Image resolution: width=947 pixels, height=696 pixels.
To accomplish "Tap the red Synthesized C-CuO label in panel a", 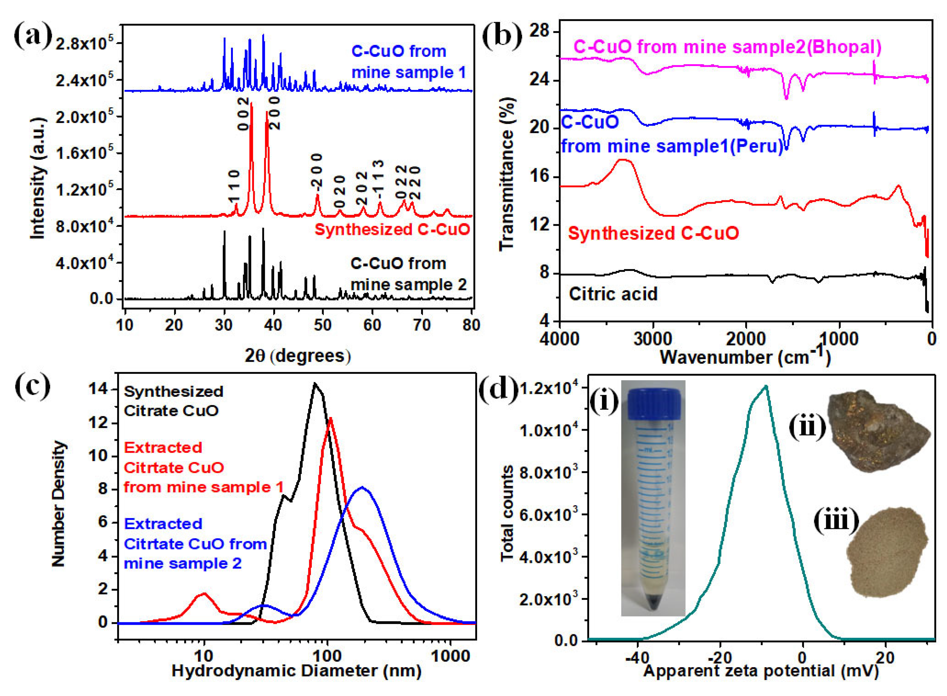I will (x=392, y=230).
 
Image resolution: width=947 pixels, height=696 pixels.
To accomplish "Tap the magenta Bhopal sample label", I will (x=728, y=47).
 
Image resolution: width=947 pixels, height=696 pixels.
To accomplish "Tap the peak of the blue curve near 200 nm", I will (x=362, y=487).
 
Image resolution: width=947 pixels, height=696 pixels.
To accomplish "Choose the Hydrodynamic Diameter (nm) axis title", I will (x=296, y=671).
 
